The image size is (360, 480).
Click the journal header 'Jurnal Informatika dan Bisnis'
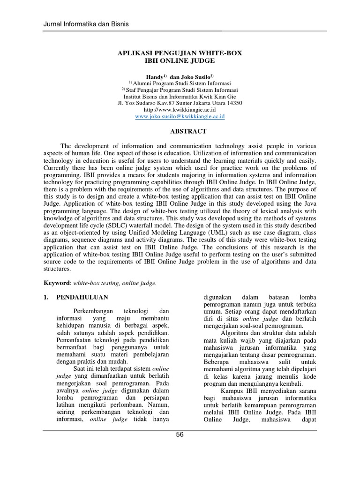86,23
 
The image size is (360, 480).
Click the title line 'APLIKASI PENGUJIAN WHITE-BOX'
180,53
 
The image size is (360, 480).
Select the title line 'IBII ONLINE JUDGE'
180,61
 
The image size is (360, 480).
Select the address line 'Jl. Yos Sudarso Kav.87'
180,103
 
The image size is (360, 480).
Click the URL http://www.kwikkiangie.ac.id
180,109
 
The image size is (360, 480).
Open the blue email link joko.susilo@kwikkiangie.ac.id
180,116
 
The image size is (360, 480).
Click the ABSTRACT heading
180,132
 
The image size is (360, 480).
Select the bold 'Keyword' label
56,283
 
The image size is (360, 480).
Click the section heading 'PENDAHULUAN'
82,297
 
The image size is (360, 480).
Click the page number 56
180,435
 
